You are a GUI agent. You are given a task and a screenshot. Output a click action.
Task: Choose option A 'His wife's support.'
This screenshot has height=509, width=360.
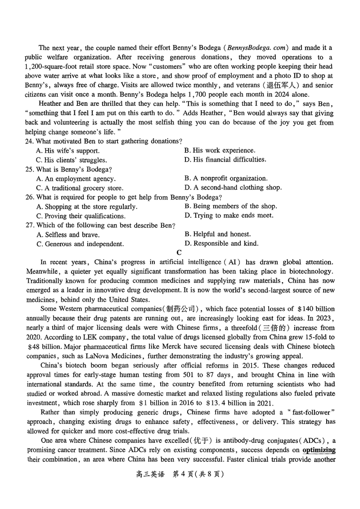[67, 151]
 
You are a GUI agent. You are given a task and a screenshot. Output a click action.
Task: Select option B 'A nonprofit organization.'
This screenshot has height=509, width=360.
[226, 179]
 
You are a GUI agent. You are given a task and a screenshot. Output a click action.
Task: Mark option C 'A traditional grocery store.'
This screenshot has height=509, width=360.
[80, 188]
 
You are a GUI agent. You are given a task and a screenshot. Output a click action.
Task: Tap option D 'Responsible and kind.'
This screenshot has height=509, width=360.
[221, 243]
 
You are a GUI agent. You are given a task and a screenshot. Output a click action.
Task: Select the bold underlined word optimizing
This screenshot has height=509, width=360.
[319, 450]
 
